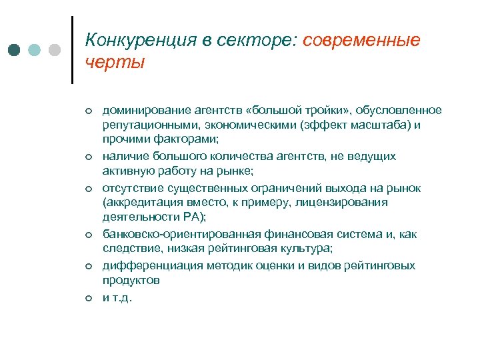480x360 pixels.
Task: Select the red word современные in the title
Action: [361, 41]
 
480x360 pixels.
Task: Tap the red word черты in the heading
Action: [115, 63]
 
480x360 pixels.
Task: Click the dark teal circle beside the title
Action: [15, 50]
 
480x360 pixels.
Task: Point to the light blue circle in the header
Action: [35, 50]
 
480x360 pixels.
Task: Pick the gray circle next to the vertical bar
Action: [55, 50]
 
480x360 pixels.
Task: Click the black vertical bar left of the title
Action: [71, 50]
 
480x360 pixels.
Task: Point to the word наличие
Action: [122, 156]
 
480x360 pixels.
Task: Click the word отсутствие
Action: [129, 187]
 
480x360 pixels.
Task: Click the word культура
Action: [301, 249]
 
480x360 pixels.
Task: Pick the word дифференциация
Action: [143, 265]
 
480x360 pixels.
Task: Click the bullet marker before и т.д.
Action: [87, 298]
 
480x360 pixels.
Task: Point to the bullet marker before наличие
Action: [87, 157]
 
